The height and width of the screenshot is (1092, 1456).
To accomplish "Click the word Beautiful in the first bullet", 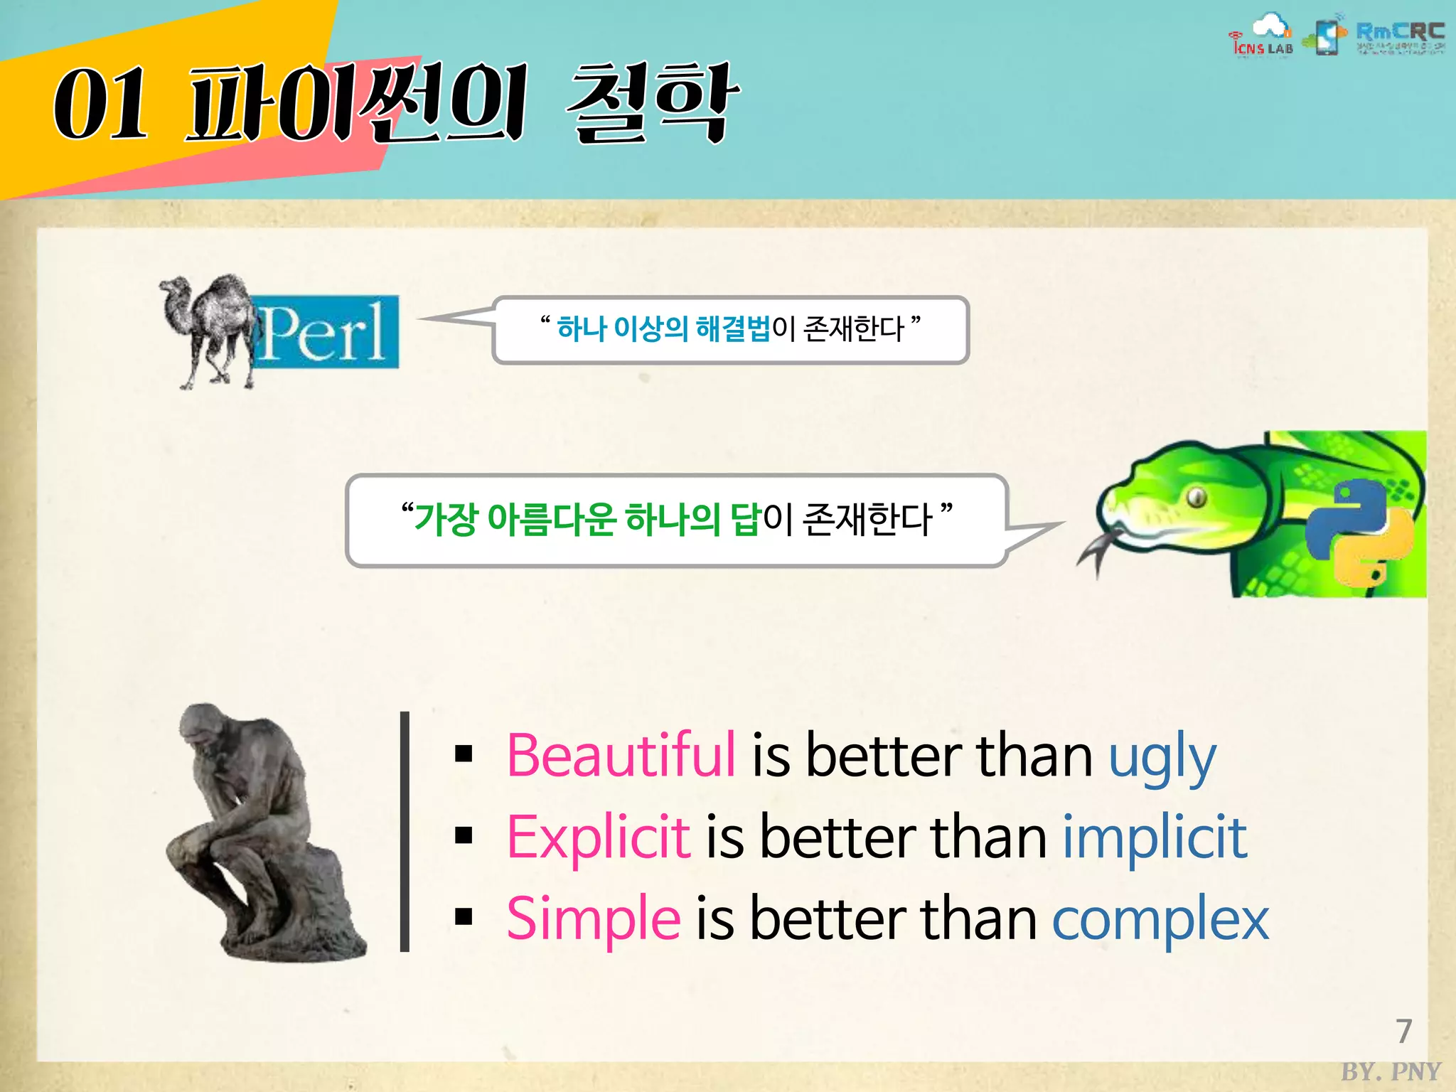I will [x=621, y=755].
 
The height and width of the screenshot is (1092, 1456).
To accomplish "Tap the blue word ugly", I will [x=1162, y=758].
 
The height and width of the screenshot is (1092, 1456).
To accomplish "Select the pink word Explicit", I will [x=598, y=837].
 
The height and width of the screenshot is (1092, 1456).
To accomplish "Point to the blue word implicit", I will [x=1155, y=837].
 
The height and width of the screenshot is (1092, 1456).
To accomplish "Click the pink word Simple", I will [x=594, y=919].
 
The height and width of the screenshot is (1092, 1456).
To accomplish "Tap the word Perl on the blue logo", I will [x=324, y=333].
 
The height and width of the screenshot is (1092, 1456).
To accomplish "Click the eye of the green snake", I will [x=1197, y=496].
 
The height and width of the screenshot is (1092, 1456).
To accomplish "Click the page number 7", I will [x=1403, y=1031].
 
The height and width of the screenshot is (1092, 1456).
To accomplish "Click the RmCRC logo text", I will [x=1400, y=32].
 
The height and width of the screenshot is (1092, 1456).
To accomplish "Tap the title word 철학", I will [x=651, y=102].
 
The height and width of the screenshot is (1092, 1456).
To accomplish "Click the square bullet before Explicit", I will [x=464, y=836].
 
